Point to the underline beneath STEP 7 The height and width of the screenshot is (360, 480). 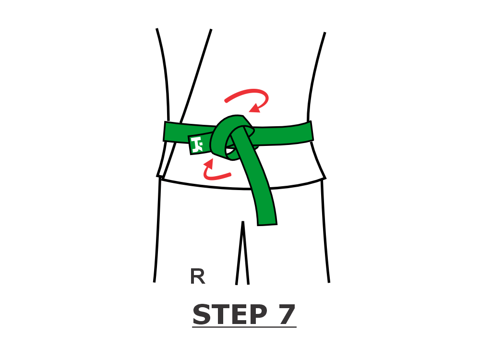(x=244, y=327)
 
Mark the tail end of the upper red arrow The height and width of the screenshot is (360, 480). (x=226, y=101)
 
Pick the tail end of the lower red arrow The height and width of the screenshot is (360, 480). (x=229, y=175)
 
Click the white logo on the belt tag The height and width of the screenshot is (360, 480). (x=197, y=144)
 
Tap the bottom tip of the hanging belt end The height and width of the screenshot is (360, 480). (x=267, y=225)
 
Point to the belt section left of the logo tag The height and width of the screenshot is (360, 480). (x=176, y=132)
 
